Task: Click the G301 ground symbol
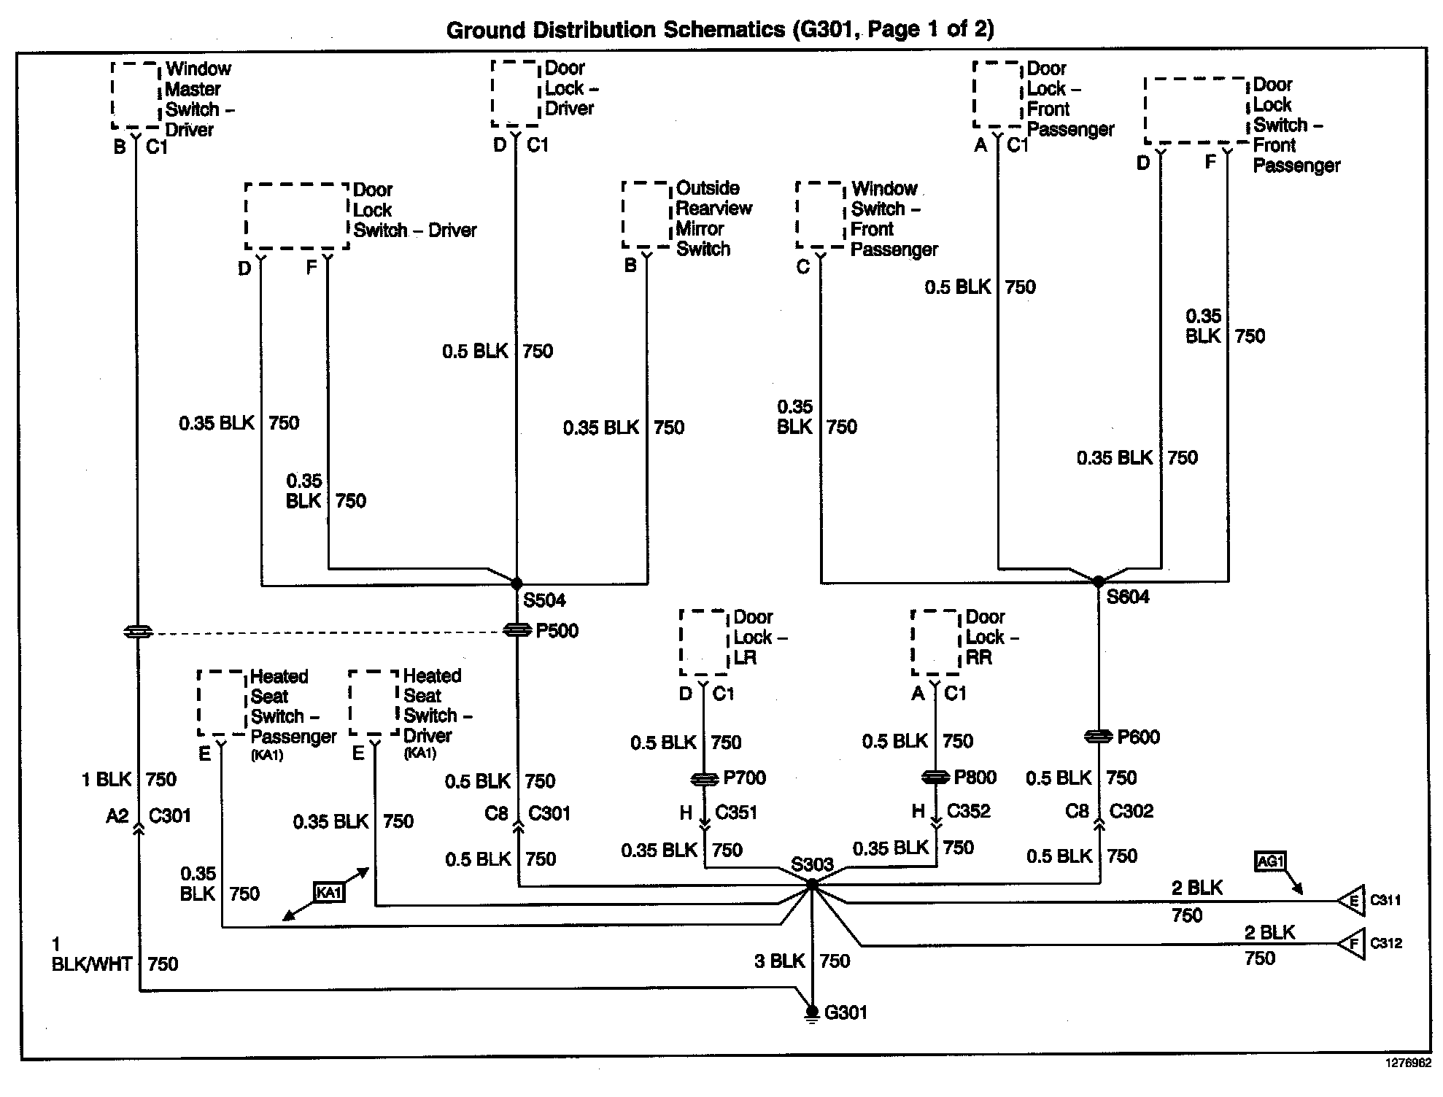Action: click(x=811, y=1012)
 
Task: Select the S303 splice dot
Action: click(x=811, y=883)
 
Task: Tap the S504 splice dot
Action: click(x=517, y=584)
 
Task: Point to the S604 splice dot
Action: click(x=1099, y=581)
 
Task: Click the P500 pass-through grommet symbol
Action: click(x=517, y=630)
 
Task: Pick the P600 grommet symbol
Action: click(x=1099, y=737)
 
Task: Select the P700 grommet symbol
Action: click(x=704, y=780)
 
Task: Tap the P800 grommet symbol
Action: click(x=936, y=778)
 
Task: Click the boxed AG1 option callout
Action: click(x=1270, y=861)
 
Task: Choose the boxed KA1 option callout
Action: click(x=329, y=892)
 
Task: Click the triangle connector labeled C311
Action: click(x=1352, y=901)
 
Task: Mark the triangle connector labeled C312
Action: click(x=1352, y=944)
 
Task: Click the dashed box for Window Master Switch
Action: click(x=136, y=96)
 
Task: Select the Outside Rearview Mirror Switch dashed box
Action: click(x=646, y=215)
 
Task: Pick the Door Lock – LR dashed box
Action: click(x=704, y=642)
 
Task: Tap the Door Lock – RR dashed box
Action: click(x=936, y=642)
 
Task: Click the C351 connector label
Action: click(x=735, y=813)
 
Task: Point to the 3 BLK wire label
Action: click(x=779, y=961)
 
